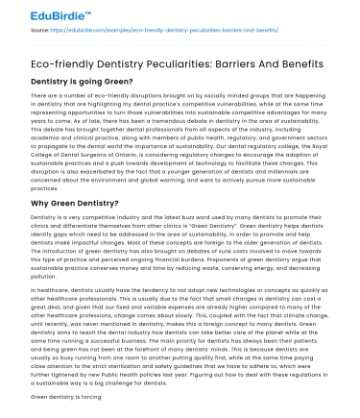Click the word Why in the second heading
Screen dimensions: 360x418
click(41, 203)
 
